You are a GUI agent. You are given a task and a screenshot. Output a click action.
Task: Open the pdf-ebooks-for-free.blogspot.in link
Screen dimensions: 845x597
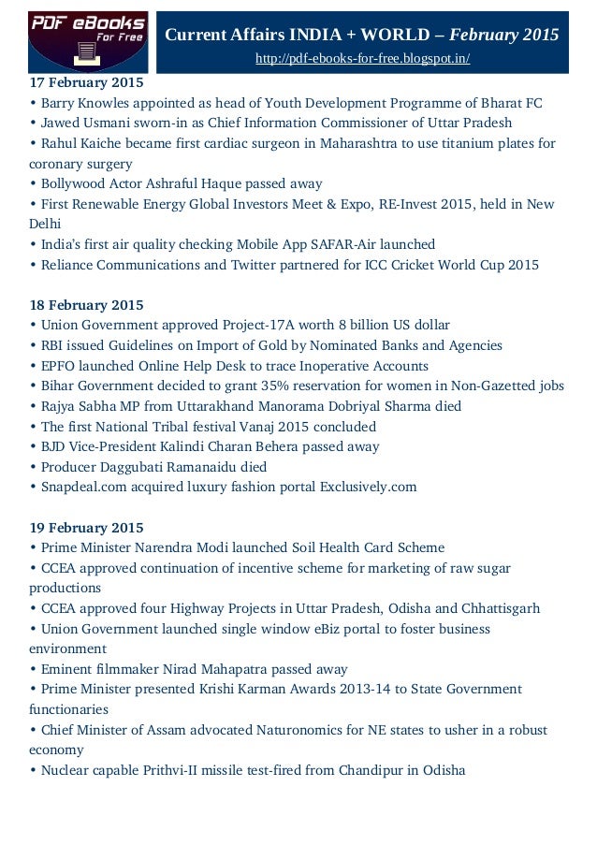(x=362, y=59)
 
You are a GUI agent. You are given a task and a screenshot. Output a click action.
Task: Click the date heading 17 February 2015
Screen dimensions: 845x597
(x=86, y=83)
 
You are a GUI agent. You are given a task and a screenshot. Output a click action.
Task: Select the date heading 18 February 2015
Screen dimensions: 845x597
(x=86, y=305)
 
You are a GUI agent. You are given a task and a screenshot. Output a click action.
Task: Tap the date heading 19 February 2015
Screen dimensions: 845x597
(x=86, y=528)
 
